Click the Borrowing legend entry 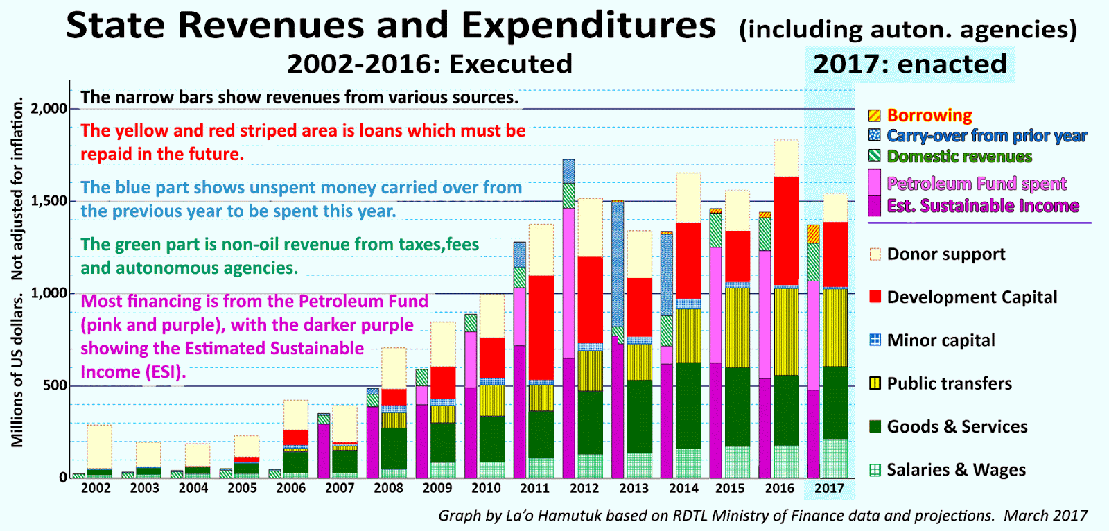coord(929,115)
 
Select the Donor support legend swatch coord(875,254)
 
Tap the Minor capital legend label coord(941,340)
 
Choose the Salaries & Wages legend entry coord(956,470)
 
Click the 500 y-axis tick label coord(55,386)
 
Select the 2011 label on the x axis coord(534,488)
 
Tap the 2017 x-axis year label coord(829,488)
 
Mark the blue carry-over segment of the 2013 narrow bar coord(618,263)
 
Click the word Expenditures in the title coord(588,26)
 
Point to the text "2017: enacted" coord(909,64)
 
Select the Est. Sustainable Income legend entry coord(982,206)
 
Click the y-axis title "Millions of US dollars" coord(17,370)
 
